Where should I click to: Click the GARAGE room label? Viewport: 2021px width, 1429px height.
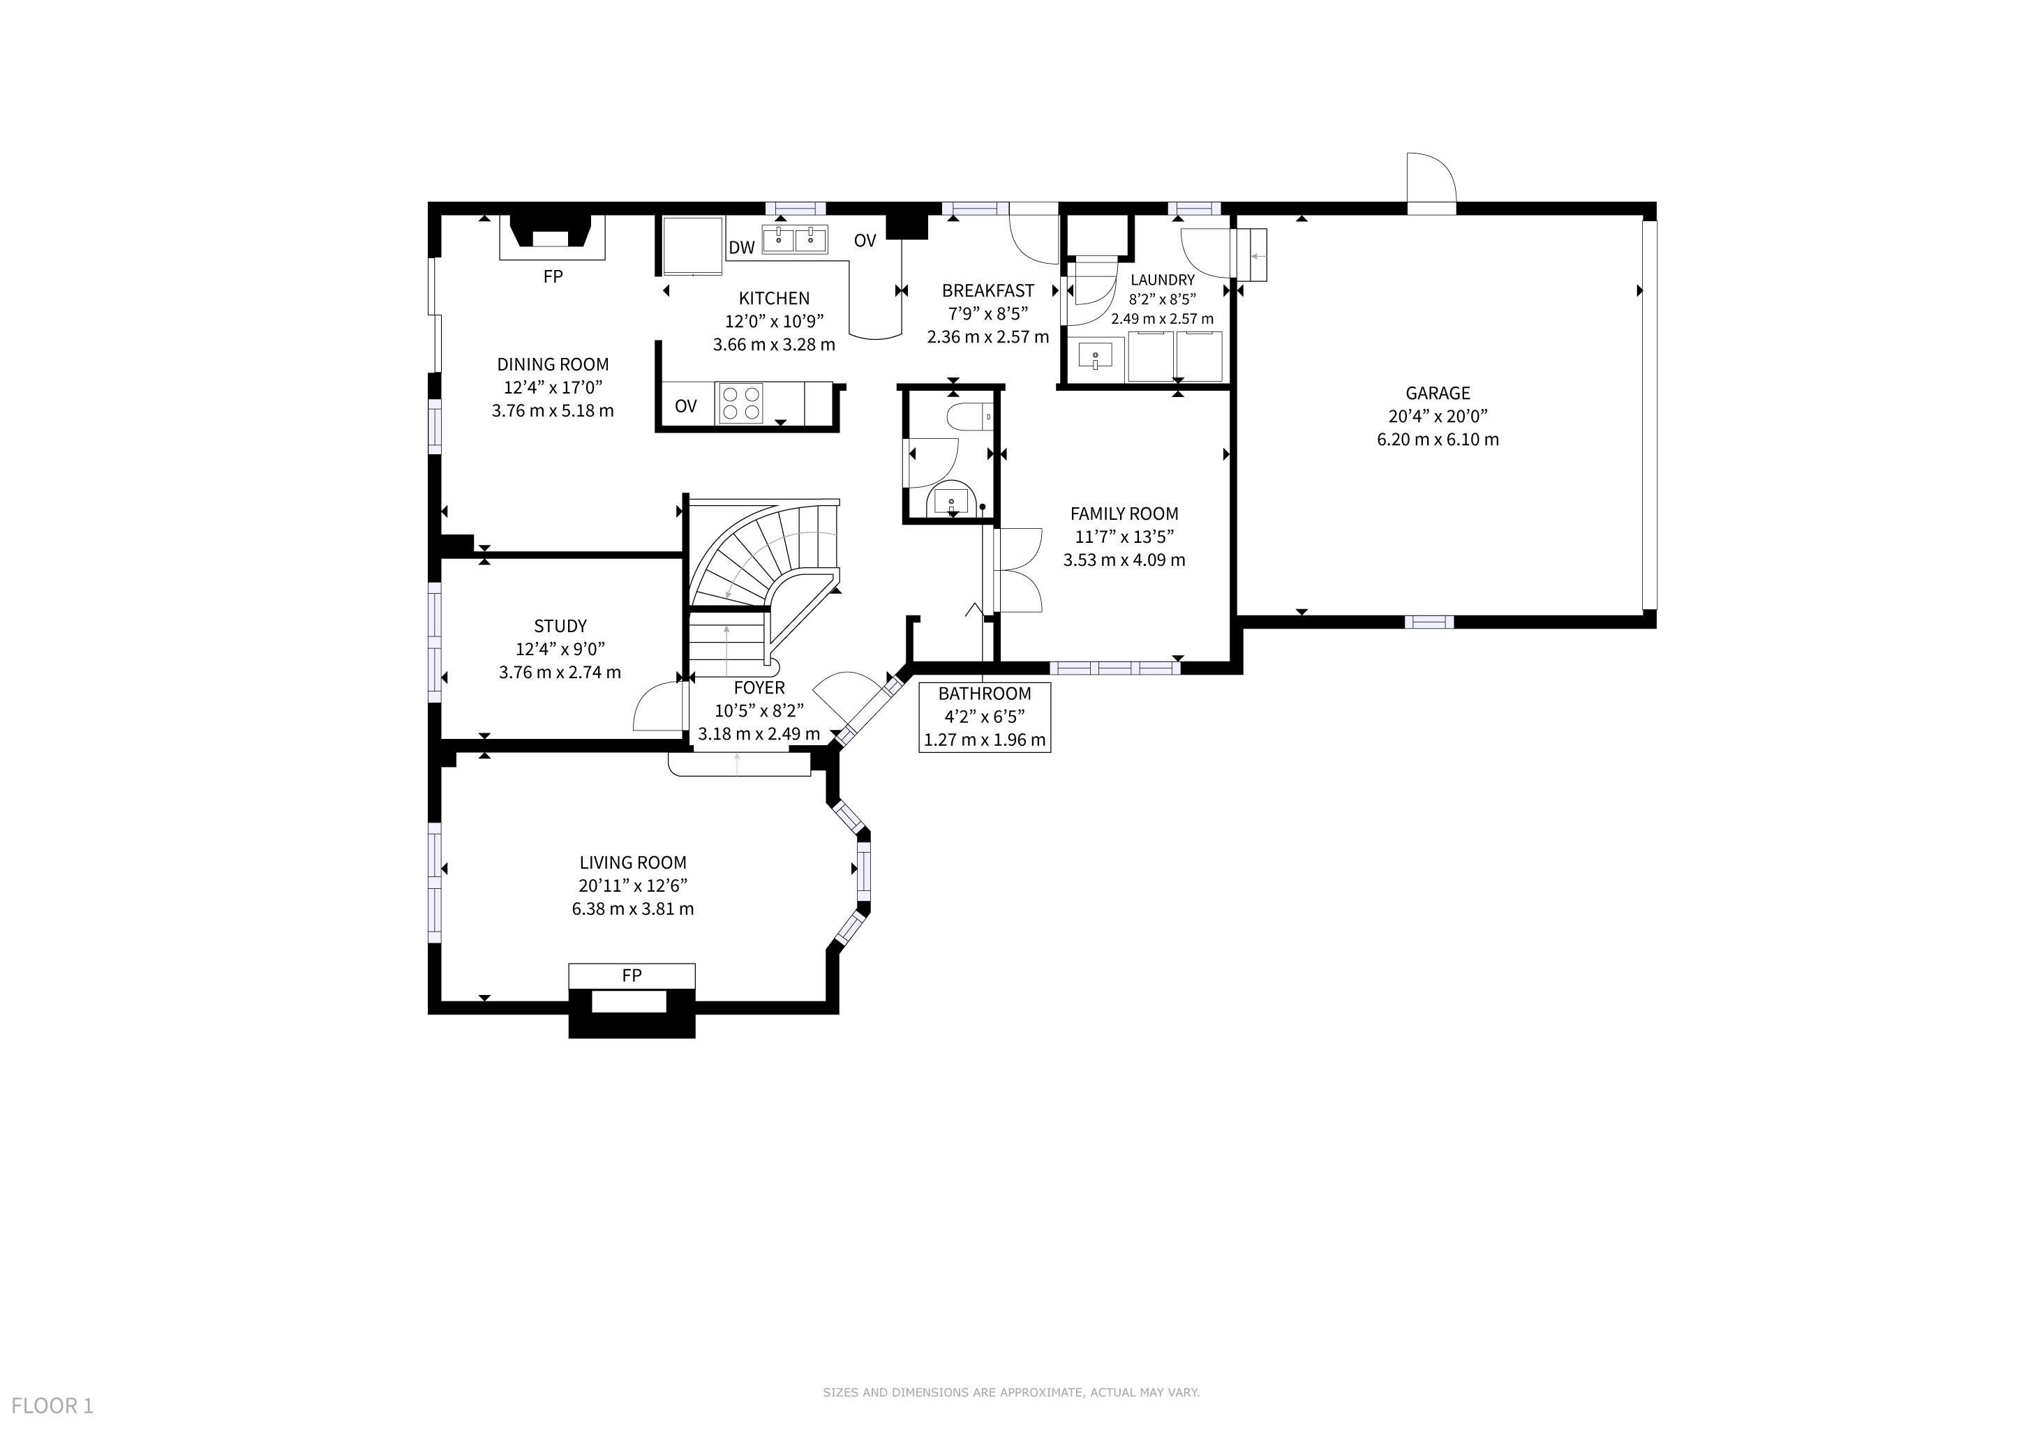pyautogui.click(x=1438, y=394)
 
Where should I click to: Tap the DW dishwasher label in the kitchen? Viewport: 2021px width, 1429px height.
pyautogui.click(x=742, y=247)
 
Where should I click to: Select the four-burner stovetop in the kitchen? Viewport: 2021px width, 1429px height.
pyautogui.click(x=740, y=404)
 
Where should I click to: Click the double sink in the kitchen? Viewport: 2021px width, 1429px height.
pyautogui.click(x=795, y=239)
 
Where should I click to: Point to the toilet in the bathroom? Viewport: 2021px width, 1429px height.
pyautogui.click(x=970, y=415)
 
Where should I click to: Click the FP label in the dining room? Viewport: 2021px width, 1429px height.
pyautogui.click(x=553, y=276)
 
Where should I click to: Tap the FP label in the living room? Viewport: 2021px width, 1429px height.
pyautogui.click(x=632, y=975)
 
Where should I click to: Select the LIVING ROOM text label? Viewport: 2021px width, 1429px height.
pyautogui.click(x=633, y=863)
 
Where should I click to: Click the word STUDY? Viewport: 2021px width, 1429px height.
pyautogui.click(x=560, y=627)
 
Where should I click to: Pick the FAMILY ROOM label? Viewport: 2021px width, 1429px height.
pyautogui.click(x=1124, y=514)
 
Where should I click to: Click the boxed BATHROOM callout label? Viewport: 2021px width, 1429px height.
pyautogui.click(x=985, y=717)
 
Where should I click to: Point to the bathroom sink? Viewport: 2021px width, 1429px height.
pyautogui.click(x=951, y=502)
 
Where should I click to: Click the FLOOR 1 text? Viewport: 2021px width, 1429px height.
pyautogui.click(x=52, y=1406)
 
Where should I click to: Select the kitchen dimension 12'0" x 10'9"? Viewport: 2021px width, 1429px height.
pyautogui.click(x=775, y=321)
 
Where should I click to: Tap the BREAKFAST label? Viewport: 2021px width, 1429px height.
pyautogui.click(x=987, y=290)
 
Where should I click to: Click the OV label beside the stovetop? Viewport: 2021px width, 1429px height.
pyautogui.click(x=686, y=407)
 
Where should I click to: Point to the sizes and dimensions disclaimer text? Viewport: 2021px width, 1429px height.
pyautogui.click(x=1011, y=1392)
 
